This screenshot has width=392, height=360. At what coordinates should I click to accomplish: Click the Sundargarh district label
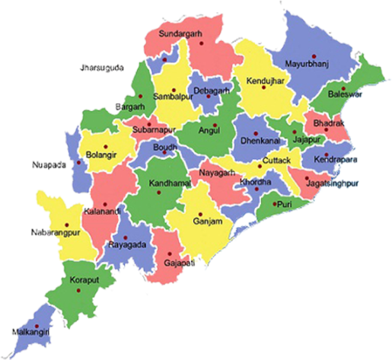[186, 34]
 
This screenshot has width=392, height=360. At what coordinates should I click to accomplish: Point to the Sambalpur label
[174, 97]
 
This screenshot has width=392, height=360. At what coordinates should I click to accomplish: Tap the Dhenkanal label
[260, 141]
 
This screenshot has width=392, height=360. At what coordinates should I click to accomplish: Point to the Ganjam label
[208, 221]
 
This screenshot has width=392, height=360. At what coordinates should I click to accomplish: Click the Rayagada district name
[126, 246]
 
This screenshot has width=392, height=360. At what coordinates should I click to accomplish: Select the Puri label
[283, 205]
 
